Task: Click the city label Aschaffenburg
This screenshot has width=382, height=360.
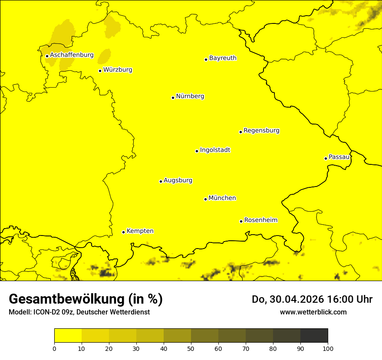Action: pyautogui.click(x=72, y=55)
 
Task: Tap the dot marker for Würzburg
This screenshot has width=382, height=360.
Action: pyautogui.click(x=100, y=71)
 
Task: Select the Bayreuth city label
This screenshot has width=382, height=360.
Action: pyautogui.click(x=223, y=58)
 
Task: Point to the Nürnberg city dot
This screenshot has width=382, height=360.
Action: pyautogui.click(x=173, y=98)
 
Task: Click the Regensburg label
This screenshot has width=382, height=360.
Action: pyautogui.click(x=261, y=131)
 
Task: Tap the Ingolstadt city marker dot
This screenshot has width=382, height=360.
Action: pyautogui.click(x=197, y=151)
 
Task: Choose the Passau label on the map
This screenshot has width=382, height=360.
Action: pyautogui.click(x=339, y=157)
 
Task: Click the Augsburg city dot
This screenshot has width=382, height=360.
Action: pyautogui.click(x=161, y=181)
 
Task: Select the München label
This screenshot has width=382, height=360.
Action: pyautogui.click(x=222, y=198)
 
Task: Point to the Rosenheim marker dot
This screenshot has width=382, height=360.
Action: pyautogui.click(x=241, y=221)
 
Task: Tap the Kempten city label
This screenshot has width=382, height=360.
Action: pyautogui.click(x=140, y=231)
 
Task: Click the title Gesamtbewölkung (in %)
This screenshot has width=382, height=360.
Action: pyautogui.click(x=86, y=299)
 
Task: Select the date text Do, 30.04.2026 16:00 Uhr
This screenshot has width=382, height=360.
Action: pyautogui.click(x=312, y=299)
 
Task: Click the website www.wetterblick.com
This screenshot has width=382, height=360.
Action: pyautogui.click(x=313, y=312)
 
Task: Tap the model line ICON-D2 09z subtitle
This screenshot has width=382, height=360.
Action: pyautogui.click(x=79, y=312)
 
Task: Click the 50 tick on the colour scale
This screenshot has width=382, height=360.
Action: pyautogui.click(x=191, y=348)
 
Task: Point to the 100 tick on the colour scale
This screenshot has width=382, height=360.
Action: pyautogui.click(x=328, y=348)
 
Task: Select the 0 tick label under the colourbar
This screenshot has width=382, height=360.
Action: pyautogui.click(x=54, y=348)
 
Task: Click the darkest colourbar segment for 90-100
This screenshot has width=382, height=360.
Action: pyautogui.click(x=314, y=336)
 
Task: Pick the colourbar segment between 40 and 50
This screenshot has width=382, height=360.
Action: pyautogui.click(x=177, y=336)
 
